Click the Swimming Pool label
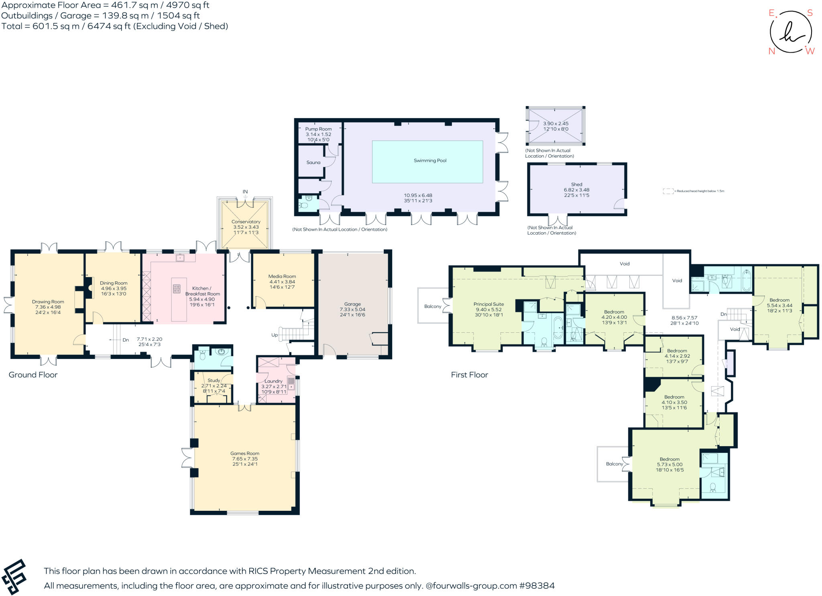(x=430, y=160)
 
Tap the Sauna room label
(x=313, y=162)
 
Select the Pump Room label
(x=318, y=129)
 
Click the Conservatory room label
(x=246, y=221)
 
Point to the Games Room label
(x=244, y=453)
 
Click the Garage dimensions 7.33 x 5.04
(x=352, y=309)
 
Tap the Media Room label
(x=282, y=276)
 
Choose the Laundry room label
(x=273, y=381)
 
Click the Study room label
(x=214, y=380)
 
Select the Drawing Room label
(x=48, y=301)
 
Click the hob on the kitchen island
(x=177, y=288)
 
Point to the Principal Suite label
(x=488, y=304)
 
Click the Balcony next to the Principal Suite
(x=432, y=306)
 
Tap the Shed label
(x=576, y=184)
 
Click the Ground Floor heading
(x=33, y=375)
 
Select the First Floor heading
(x=469, y=375)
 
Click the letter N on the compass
(x=771, y=51)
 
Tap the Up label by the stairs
(x=275, y=335)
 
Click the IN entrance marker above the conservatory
(x=245, y=192)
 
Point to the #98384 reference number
(x=537, y=586)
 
